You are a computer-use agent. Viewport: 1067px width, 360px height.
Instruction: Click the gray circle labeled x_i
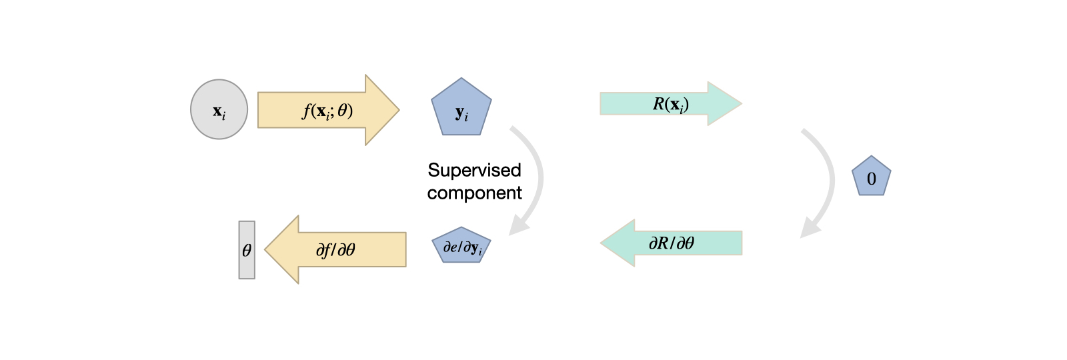tap(219, 109)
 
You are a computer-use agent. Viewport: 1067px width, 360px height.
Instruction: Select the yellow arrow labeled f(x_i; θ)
tap(327, 110)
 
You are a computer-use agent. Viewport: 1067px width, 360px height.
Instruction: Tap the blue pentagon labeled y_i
tap(461, 108)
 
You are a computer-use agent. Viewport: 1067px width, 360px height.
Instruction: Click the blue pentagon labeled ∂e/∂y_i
tap(461, 246)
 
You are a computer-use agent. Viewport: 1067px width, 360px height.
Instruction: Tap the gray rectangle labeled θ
tap(247, 250)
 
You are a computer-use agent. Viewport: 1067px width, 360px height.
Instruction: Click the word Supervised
tap(474, 170)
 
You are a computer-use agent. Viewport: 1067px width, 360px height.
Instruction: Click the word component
tap(474, 193)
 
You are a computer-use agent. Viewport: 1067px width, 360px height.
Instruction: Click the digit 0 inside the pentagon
tap(871, 179)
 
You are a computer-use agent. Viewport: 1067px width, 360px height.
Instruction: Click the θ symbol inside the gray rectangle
tap(247, 251)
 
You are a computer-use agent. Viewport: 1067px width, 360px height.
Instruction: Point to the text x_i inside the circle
tap(219, 112)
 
